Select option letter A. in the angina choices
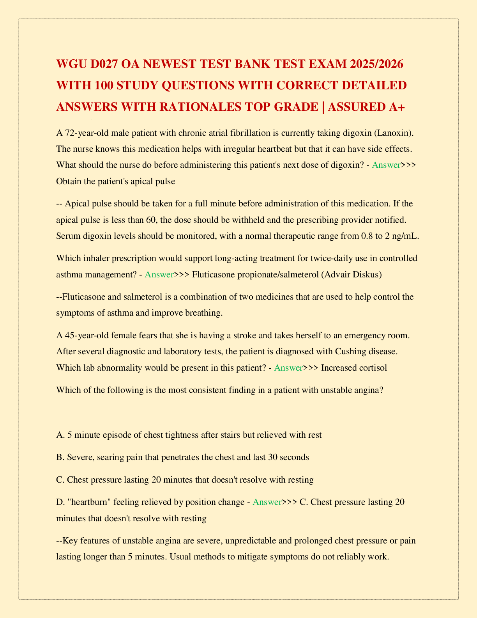(60, 435)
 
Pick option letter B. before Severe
(60, 457)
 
